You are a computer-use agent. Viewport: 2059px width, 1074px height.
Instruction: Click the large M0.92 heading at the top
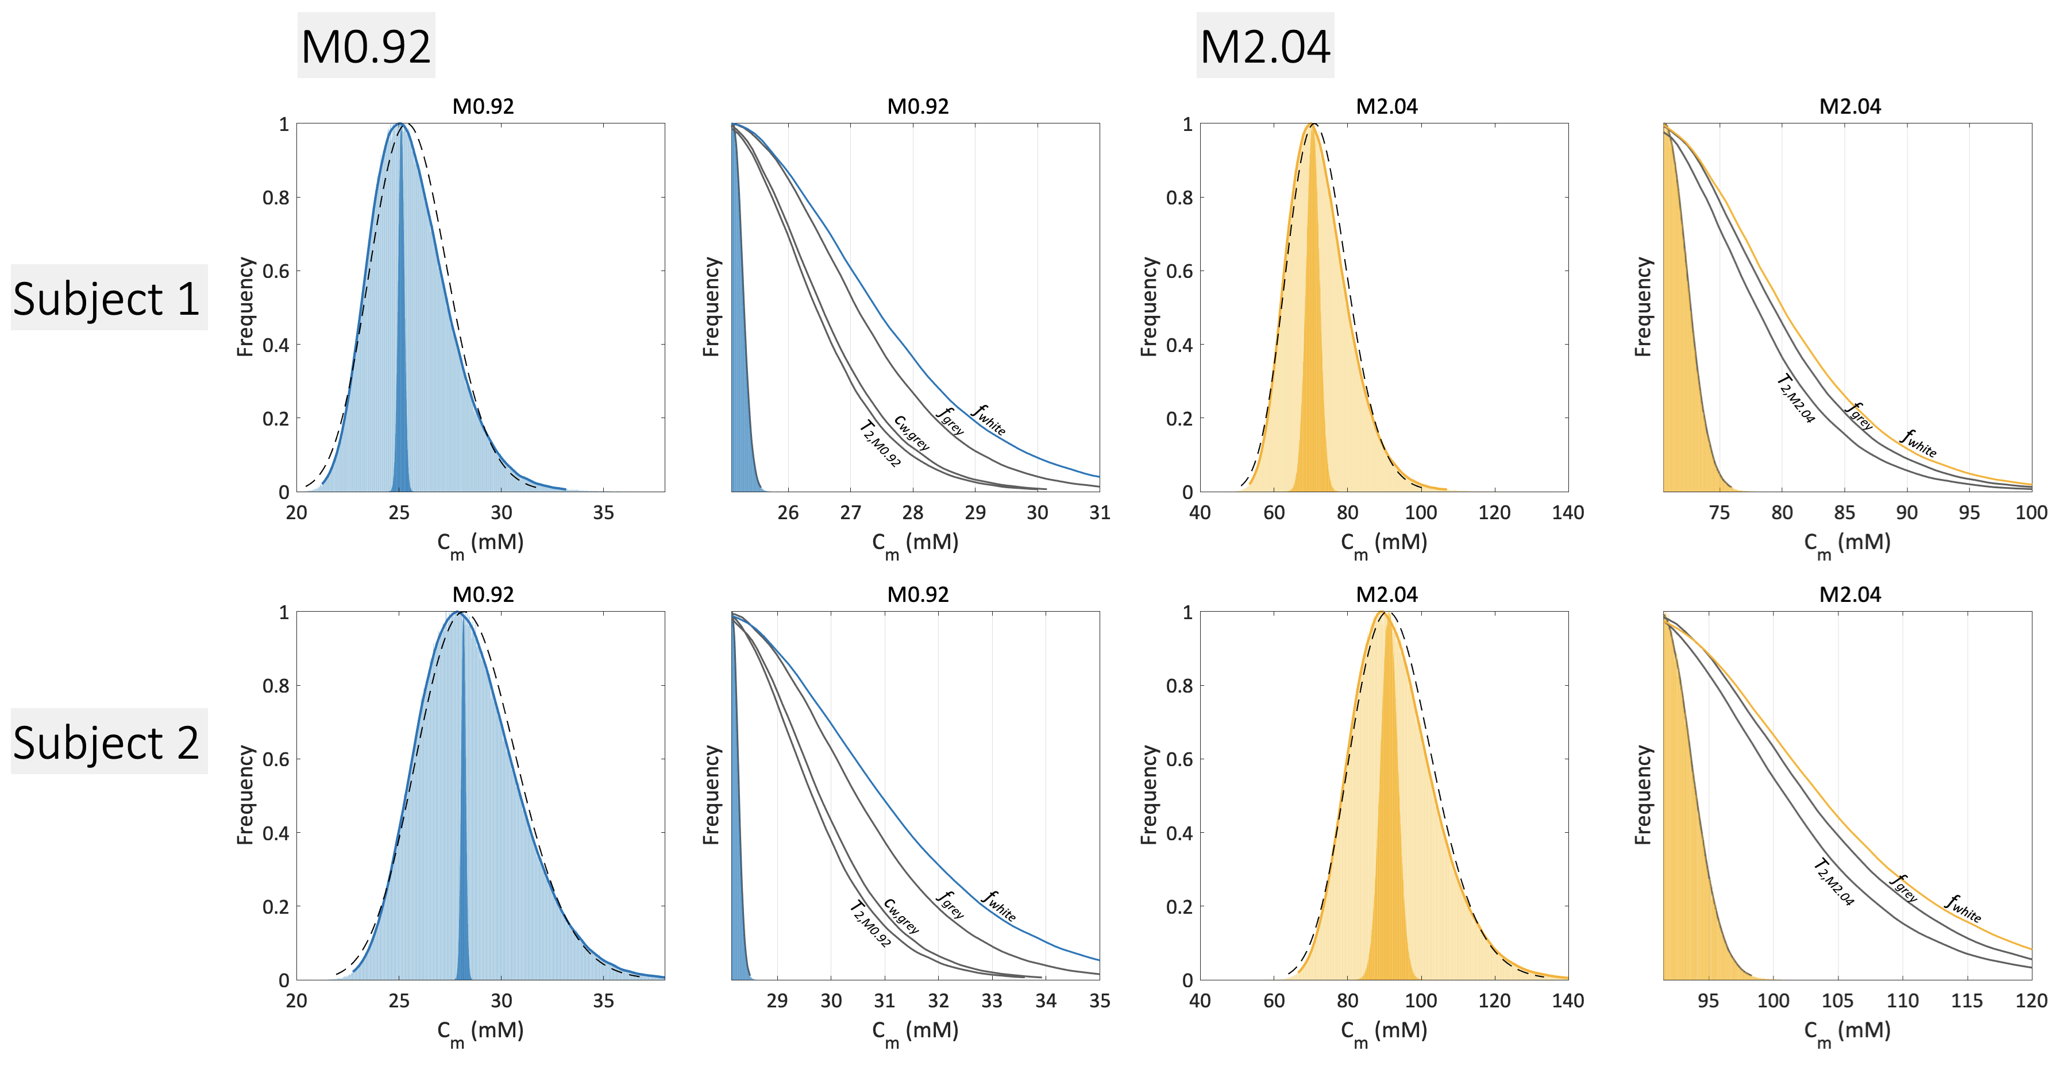click(366, 47)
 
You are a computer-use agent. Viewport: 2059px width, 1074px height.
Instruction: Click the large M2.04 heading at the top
click(1264, 47)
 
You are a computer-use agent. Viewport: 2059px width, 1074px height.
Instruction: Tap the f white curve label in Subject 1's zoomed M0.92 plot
click(989, 419)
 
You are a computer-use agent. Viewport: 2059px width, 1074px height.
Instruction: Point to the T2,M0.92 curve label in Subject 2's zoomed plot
click(870, 925)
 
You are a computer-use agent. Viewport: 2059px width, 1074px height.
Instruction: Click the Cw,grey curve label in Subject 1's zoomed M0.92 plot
click(912, 433)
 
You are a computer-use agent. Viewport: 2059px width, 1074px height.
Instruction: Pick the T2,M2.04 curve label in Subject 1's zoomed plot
click(1796, 399)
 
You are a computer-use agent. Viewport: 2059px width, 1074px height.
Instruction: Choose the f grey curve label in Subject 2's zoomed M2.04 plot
click(1904, 888)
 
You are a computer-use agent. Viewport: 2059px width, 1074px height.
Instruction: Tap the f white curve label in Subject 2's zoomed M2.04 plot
click(1964, 909)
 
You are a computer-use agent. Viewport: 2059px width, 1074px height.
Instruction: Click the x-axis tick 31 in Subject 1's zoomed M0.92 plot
click(1099, 513)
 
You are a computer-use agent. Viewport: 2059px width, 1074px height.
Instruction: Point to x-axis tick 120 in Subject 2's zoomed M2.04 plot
click(2031, 1001)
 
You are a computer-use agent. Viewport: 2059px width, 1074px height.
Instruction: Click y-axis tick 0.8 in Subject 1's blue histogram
click(276, 198)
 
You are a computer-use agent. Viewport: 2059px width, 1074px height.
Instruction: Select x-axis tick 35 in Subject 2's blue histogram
click(603, 1001)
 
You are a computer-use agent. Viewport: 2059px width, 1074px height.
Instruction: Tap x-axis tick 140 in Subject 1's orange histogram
click(1567, 513)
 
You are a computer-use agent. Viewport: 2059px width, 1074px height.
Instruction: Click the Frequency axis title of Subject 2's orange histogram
click(1148, 795)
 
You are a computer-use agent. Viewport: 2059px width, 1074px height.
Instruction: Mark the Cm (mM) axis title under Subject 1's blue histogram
click(480, 543)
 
